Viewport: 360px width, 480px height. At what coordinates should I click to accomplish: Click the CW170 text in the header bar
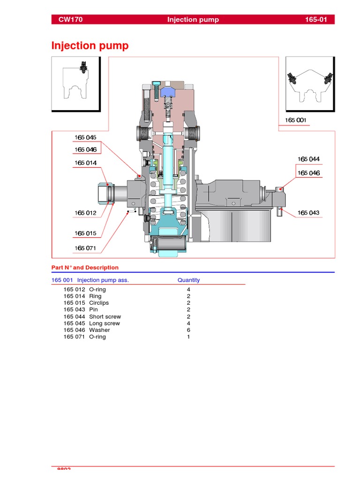click(x=70, y=20)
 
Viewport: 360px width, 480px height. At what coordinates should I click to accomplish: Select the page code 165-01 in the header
click(x=319, y=20)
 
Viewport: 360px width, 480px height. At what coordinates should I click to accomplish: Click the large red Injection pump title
click(x=90, y=46)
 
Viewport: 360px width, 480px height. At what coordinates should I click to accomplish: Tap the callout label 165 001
click(x=295, y=120)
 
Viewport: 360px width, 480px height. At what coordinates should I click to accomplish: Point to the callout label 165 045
click(x=85, y=137)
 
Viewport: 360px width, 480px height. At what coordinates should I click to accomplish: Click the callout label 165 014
click(x=85, y=163)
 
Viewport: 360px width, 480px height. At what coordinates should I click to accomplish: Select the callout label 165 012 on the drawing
click(x=85, y=213)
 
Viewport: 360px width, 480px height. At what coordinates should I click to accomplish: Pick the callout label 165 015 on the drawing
click(x=85, y=233)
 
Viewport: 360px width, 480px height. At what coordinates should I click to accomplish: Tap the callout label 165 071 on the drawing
click(x=85, y=248)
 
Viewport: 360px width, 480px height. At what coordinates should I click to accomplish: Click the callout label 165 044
click(x=308, y=159)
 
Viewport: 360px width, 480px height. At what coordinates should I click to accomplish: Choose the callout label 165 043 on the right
click(x=308, y=213)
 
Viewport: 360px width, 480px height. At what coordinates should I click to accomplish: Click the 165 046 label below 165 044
click(x=308, y=173)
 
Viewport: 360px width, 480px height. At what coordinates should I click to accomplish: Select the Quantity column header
click(x=188, y=280)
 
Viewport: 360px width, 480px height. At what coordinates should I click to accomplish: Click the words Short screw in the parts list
click(x=105, y=316)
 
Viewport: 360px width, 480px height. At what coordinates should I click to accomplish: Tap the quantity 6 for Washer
click(x=188, y=330)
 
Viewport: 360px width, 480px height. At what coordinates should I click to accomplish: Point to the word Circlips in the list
click(x=99, y=303)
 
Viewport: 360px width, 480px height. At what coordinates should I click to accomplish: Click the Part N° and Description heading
click(x=85, y=268)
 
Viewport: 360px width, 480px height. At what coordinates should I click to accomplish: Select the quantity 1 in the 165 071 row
click(x=188, y=337)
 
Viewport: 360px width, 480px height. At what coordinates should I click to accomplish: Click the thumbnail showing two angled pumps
click(x=310, y=84)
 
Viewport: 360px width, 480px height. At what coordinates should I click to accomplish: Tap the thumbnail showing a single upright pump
click(x=75, y=84)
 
